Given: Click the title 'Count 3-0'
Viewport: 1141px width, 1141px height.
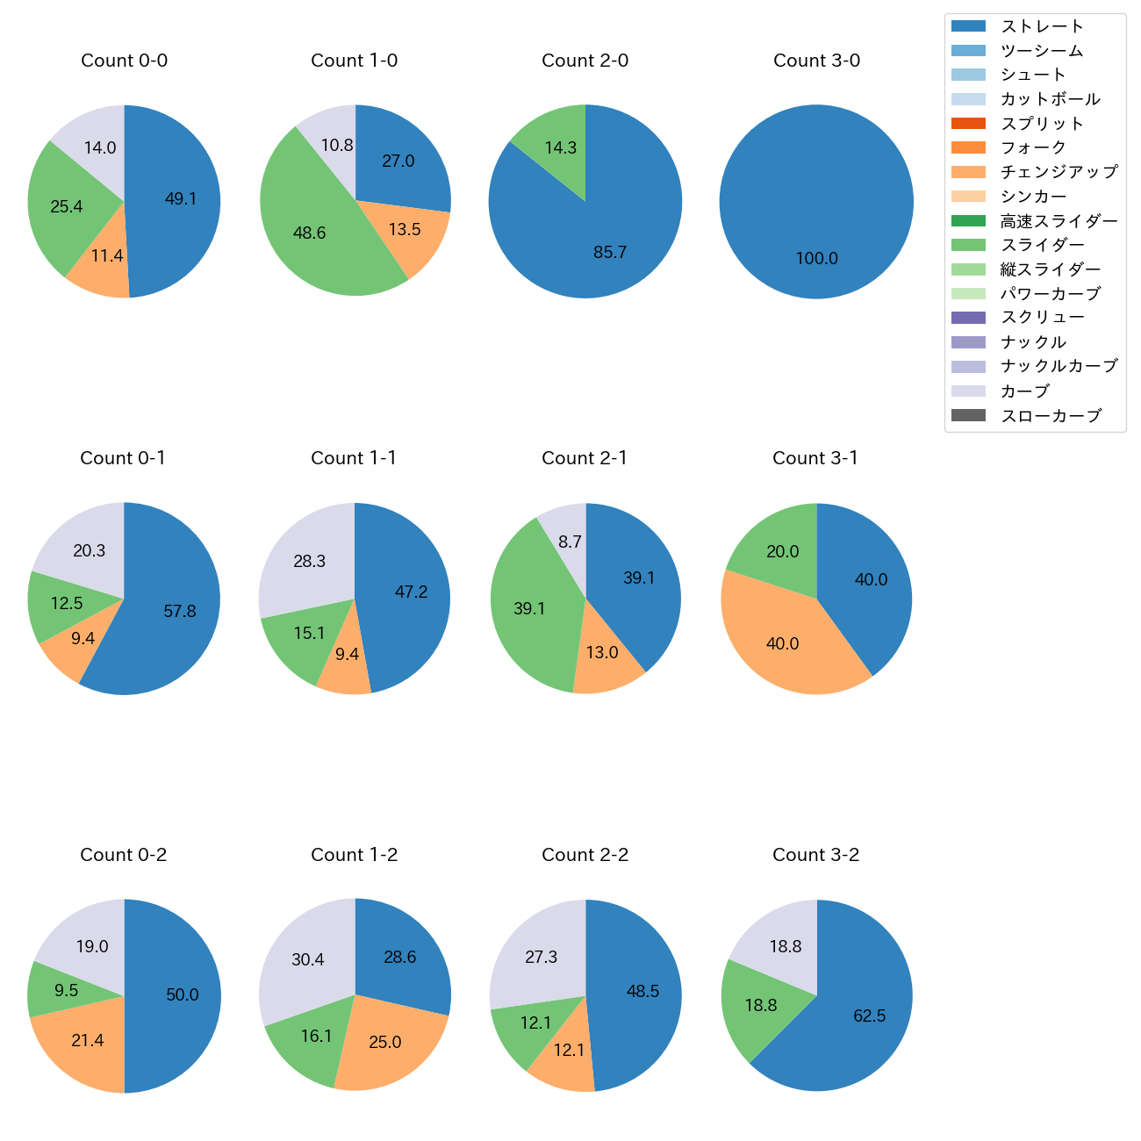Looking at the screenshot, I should point(816,61).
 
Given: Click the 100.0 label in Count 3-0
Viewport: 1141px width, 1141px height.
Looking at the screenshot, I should point(816,259).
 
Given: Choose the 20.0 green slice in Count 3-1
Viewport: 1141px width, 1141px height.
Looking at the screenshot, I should point(777,549).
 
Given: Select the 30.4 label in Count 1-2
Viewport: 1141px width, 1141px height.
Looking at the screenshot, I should point(308,960).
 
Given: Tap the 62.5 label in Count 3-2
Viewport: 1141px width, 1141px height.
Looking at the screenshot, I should point(869,1016).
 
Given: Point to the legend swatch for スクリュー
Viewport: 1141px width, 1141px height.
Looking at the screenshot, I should point(968,318).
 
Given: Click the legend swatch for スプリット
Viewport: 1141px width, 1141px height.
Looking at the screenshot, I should point(968,124).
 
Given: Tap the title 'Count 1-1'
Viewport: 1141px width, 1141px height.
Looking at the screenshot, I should point(354,458).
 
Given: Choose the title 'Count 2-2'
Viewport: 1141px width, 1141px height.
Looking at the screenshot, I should point(585,855).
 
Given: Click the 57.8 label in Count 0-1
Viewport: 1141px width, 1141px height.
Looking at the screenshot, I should point(180,612).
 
